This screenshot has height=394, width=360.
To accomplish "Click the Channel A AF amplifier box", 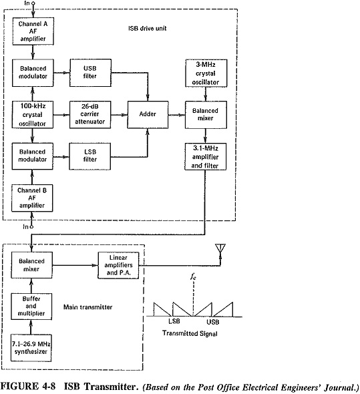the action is click(33, 31).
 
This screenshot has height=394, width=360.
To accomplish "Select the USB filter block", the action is click(90, 73).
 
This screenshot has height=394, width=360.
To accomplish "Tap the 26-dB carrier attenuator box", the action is click(90, 115).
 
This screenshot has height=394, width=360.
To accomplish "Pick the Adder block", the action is click(148, 115).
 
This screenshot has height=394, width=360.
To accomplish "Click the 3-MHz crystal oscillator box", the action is click(206, 73).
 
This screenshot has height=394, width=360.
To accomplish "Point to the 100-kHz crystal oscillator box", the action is click(33, 115).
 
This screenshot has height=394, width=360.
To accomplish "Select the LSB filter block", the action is click(89, 156).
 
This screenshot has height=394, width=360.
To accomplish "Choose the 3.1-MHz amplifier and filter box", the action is click(206, 156).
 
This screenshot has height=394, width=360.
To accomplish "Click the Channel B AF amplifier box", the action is click(32, 198).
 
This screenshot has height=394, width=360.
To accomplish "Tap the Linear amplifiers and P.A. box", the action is click(118, 265).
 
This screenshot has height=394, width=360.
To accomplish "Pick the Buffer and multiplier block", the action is click(31, 307).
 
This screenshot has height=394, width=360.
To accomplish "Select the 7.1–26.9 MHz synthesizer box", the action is click(31, 348).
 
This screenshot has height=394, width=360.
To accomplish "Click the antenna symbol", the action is click(220, 248).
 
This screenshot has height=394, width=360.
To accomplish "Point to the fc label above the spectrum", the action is click(193, 276).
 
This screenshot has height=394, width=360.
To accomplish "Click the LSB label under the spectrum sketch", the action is click(174, 321).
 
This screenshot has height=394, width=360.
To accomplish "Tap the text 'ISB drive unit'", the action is click(148, 28).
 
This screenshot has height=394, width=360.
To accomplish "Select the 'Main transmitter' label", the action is click(87, 307).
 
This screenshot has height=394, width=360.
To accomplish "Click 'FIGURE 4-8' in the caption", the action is click(27, 386).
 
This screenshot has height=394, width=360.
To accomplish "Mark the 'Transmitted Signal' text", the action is click(190, 333).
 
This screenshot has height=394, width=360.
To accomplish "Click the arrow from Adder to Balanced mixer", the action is click(177, 115).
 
